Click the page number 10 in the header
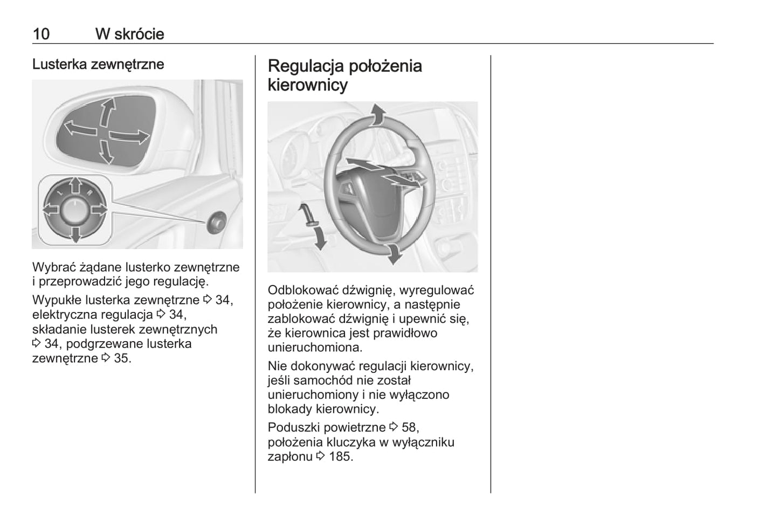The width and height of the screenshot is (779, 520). pos(41,34)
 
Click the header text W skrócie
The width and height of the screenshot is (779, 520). pos(129,34)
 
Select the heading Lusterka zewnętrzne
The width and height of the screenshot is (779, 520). pos(98,64)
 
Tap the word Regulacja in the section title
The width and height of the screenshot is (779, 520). pos(306,66)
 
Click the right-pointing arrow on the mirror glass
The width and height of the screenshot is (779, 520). pos(130,137)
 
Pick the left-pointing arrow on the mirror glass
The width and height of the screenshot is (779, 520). pos(80,129)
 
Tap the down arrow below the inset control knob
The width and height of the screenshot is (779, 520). pos(75,234)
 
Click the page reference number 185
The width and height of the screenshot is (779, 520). pos(340,456)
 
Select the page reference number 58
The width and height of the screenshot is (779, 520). pos(409,427)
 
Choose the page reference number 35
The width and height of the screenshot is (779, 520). pos(122,358)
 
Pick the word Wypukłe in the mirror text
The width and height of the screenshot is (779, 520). pos(54,300)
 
